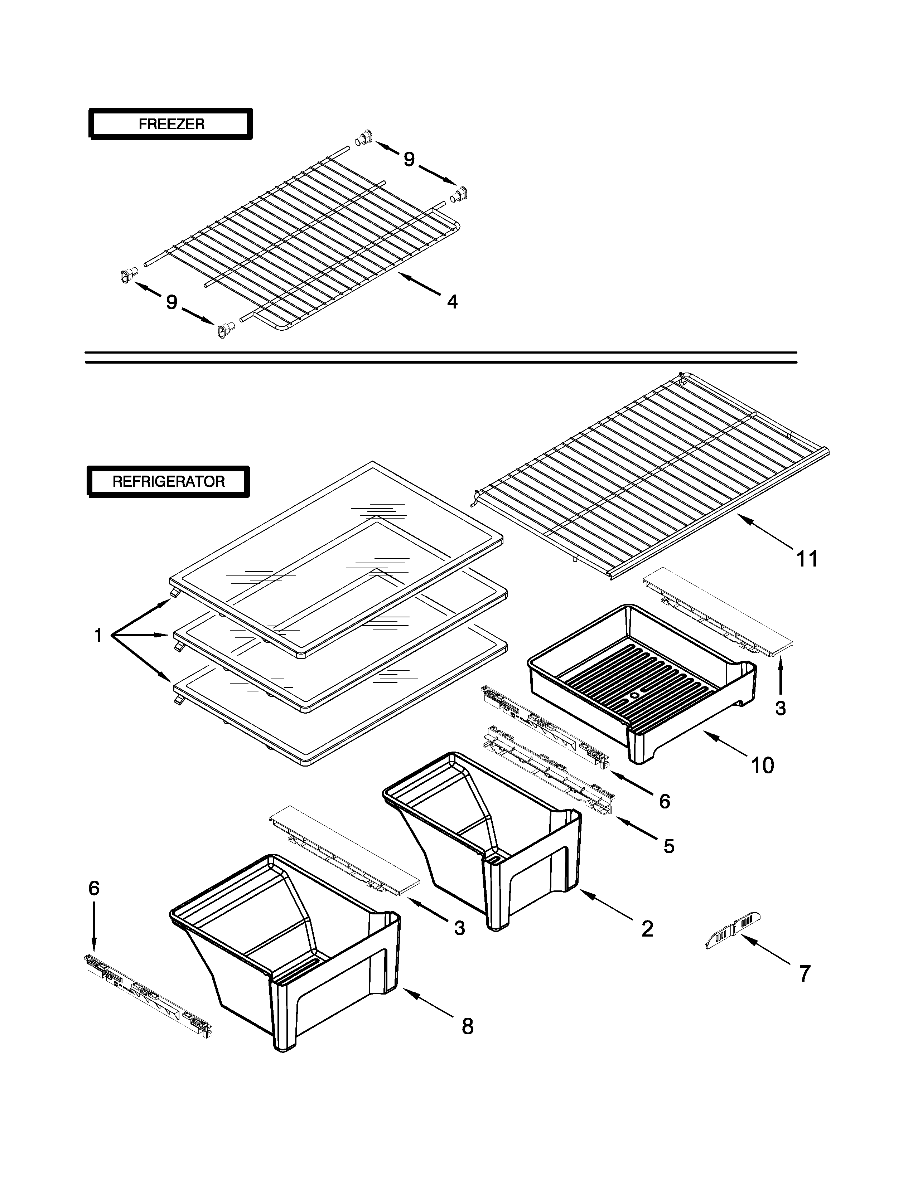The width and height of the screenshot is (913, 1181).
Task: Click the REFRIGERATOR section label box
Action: (x=168, y=481)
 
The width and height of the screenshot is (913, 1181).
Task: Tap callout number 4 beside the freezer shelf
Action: (x=452, y=302)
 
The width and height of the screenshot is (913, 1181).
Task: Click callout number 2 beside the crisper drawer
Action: (x=647, y=928)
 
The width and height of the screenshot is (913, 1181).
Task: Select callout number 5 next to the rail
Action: (x=669, y=846)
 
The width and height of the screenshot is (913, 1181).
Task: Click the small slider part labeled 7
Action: (x=733, y=931)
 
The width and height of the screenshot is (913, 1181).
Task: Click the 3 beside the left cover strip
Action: (x=459, y=928)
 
